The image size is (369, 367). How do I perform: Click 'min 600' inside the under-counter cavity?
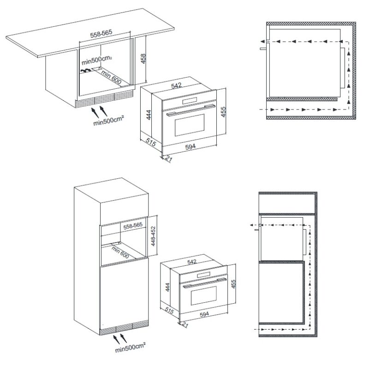coord(111,77)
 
